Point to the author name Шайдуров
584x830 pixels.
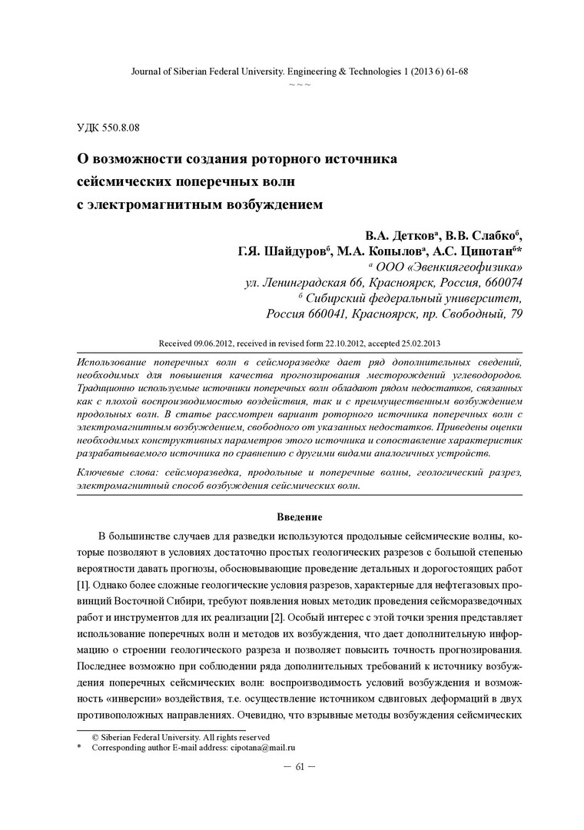294,251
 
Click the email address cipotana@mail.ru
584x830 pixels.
264,747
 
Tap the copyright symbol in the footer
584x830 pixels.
95,736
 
